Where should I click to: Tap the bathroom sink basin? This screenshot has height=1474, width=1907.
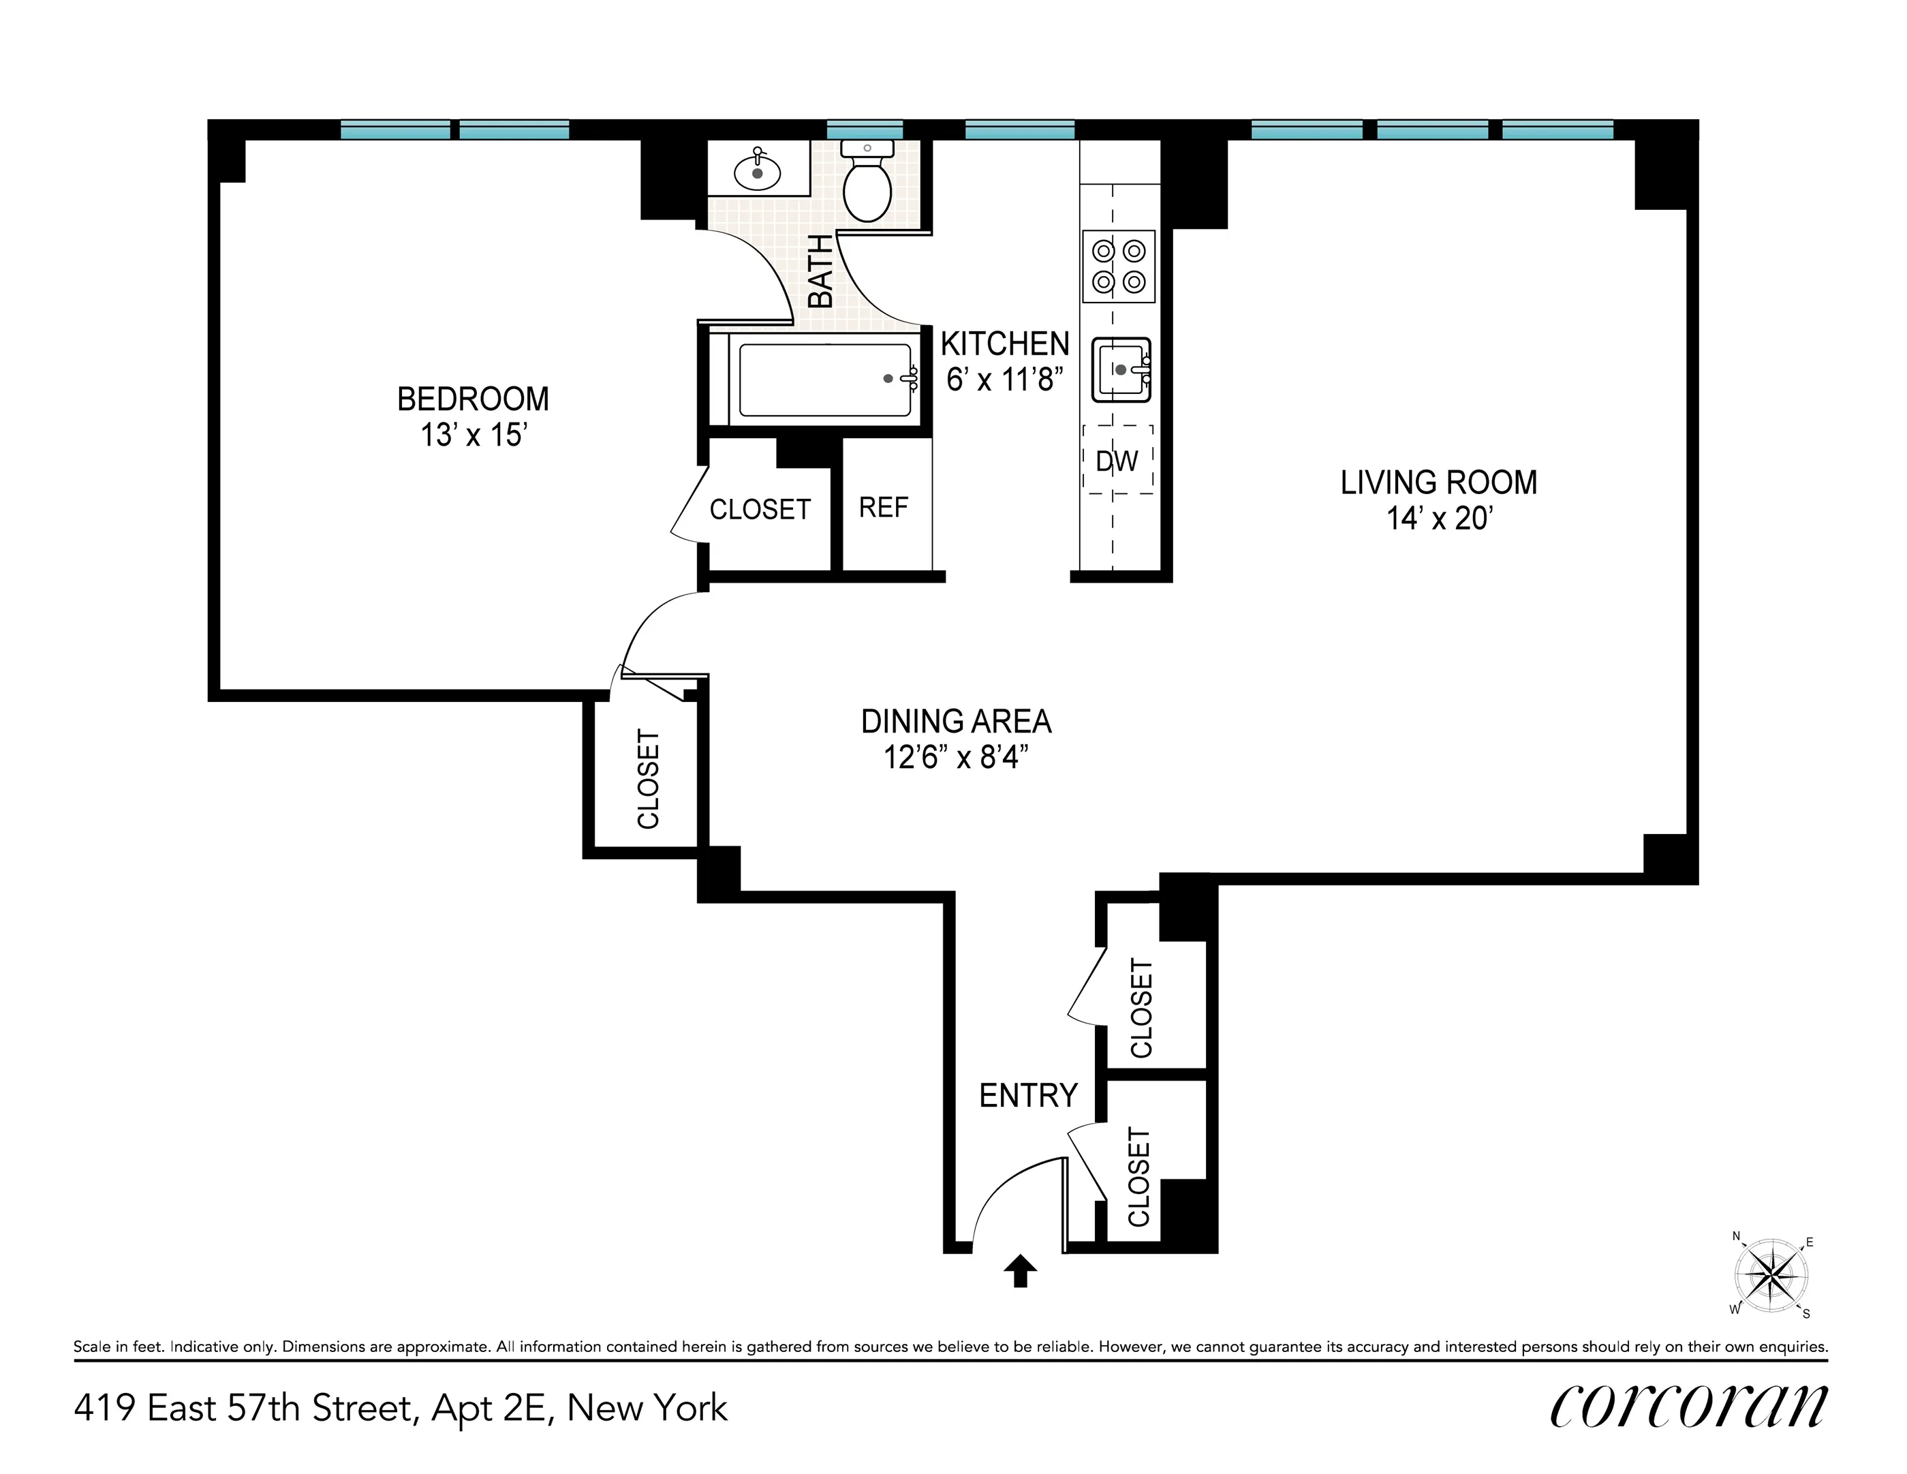click(x=757, y=172)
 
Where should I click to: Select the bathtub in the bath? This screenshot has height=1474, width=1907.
click(x=824, y=380)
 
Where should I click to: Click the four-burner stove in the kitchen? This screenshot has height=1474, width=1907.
click(x=1119, y=266)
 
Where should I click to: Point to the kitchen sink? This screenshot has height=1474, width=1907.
click(x=1120, y=369)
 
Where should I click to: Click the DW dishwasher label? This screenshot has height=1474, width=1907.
click(x=1117, y=461)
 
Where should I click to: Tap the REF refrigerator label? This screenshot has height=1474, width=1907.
click(x=883, y=507)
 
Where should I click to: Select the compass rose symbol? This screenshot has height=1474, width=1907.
click(x=1771, y=1276)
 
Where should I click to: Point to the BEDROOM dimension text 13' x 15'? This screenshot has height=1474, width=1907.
click(x=474, y=435)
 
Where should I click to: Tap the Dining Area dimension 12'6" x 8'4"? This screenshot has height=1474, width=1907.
click(x=955, y=757)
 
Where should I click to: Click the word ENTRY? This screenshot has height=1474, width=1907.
click(x=1027, y=1095)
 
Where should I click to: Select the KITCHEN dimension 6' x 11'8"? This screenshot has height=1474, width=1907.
click(x=1004, y=380)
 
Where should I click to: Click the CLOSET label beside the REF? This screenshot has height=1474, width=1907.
click(x=760, y=509)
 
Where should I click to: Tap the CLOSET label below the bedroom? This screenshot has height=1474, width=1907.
click(x=648, y=779)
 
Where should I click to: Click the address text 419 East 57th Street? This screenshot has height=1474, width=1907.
click(x=400, y=1409)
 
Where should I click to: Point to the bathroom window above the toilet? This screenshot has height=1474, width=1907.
click(x=865, y=130)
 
